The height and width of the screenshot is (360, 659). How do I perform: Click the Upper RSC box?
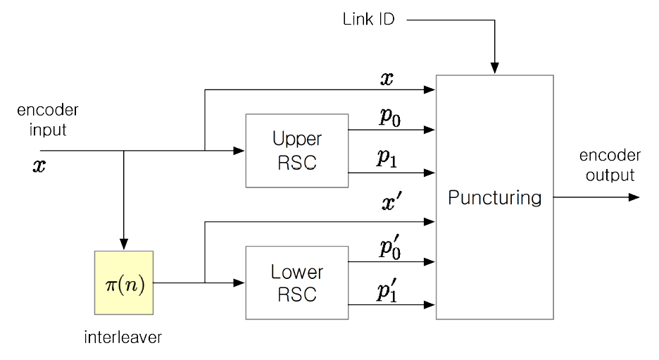(x=296, y=150)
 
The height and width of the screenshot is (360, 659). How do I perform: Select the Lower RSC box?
(x=296, y=282)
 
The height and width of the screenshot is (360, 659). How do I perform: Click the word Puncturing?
(x=495, y=197)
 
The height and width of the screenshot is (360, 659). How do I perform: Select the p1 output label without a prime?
(x=386, y=159)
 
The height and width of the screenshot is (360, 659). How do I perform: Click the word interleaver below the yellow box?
(x=124, y=337)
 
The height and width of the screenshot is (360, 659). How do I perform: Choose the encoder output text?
(x=610, y=165)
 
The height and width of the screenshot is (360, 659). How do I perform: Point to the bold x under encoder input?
(x=39, y=167)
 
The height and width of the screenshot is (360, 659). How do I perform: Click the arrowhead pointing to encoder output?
(x=634, y=197)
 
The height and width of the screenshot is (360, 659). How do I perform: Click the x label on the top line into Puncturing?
(x=387, y=80)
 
